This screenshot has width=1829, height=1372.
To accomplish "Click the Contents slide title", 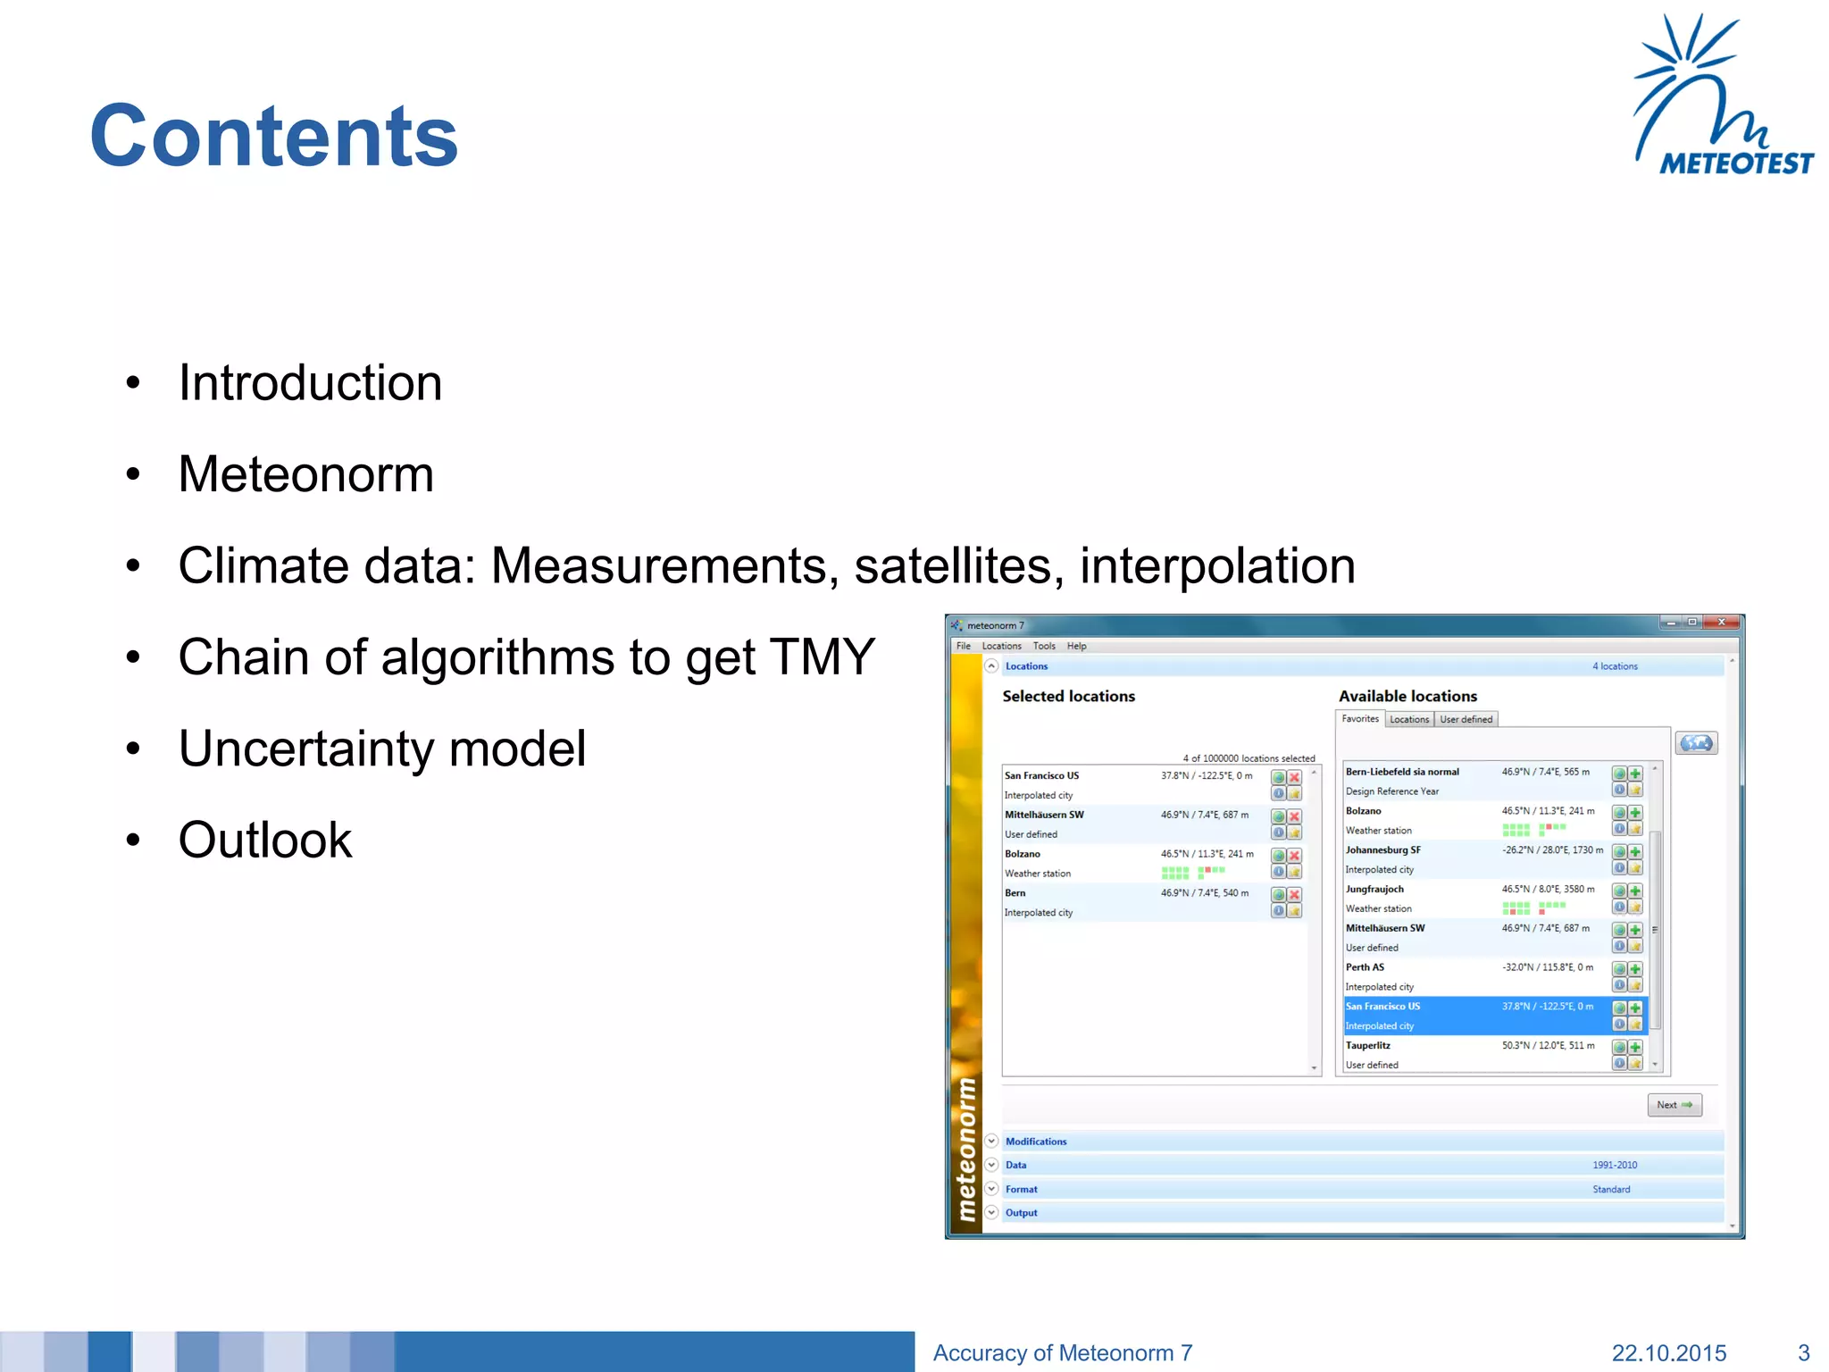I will pyautogui.click(x=273, y=136).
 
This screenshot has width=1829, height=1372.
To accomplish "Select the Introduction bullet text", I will pyautogui.click(x=310, y=383).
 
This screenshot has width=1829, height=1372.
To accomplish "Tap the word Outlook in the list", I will pyautogui.click(x=265, y=840).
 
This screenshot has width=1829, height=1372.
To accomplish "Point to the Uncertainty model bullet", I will pyautogui.click(x=382, y=749).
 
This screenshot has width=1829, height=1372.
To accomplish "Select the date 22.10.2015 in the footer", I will pyautogui.click(x=1668, y=1353).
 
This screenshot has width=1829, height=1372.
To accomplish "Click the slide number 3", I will pyautogui.click(x=1803, y=1353).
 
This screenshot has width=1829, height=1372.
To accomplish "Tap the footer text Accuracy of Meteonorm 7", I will pyautogui.click(x=1062, y=1353).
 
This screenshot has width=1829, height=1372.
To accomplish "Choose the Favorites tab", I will pyautogui.click(x=1359, y=719).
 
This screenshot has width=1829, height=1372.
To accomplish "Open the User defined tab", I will pyautogui.click(x=1466, y=720).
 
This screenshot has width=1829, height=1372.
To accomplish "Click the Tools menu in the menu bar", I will pyautogui.click(x=1044, y=646).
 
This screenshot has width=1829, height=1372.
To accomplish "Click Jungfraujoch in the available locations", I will pyautogui.click(x=1374, y=890).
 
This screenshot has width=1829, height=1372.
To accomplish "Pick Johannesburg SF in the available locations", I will pyautogui.click(x=1382, y=850).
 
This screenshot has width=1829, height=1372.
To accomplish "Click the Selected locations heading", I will pyautogui.click(x=1068, y=696).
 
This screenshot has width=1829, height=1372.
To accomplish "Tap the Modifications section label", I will pyautogui.click(x=1036, y=1142).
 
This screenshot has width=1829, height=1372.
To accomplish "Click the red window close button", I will pyautogui.click(x=1721, y=623).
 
